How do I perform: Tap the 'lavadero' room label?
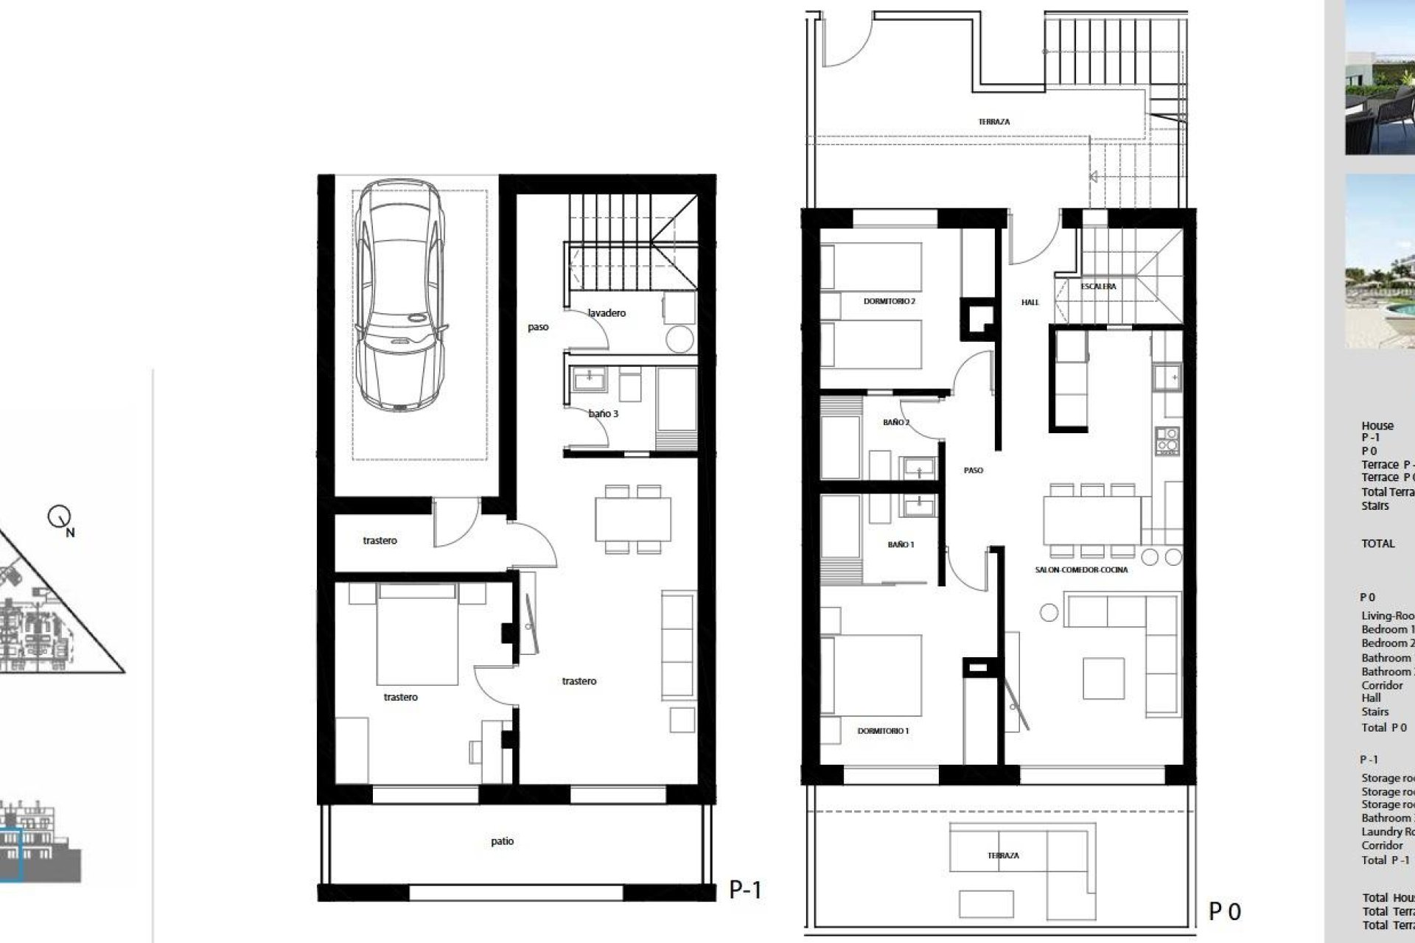click(x=607, y=313)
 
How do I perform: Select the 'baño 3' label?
click(x=603, y=414)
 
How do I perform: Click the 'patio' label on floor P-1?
click(x=502, y=841)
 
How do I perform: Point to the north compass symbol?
click(x=59, y=518)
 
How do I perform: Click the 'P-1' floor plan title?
click(x=745, y=890)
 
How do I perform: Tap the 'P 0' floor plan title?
click(x=1225, y=912)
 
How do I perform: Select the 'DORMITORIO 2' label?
click(x=889, y=301)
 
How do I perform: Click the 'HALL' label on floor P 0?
click(x=1030, y=302)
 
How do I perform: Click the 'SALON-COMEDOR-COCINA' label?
click(x=1081, y=569)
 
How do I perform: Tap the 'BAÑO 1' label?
click(x=901, y=544)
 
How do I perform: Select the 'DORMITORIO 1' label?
click(x=883, y=731)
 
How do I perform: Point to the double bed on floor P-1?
click(x=417, y=634)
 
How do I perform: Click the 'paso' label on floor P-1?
click(x=538, y=327)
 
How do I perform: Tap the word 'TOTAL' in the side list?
click(x=1378, y=544)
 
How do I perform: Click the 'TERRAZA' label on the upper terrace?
click(x=994, y=122)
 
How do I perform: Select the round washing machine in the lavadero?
click(x=679, y=340)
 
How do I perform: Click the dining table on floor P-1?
click(x=633, y=519)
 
